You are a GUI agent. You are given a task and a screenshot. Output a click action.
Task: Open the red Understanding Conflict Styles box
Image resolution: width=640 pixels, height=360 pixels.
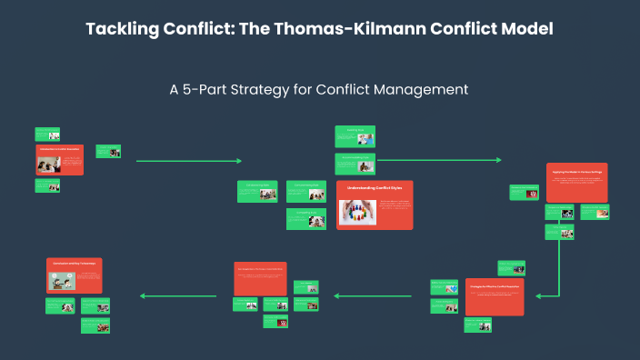point(375,205)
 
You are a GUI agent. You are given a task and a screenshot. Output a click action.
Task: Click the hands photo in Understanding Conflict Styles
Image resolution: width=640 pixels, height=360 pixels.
point(358,212)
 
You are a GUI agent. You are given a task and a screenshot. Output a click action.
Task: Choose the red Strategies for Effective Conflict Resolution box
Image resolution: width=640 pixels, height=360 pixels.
point(495,296)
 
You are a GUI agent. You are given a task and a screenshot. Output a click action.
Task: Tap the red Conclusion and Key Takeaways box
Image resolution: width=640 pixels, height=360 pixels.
point(75,275)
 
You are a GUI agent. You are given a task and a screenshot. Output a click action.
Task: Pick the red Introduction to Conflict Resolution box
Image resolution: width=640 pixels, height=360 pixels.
point(60,160)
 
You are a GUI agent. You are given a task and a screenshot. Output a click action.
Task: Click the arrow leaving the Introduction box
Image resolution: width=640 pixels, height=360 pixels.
point(188,161)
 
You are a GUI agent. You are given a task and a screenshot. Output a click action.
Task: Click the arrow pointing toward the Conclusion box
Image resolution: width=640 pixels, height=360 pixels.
point(177,295)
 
